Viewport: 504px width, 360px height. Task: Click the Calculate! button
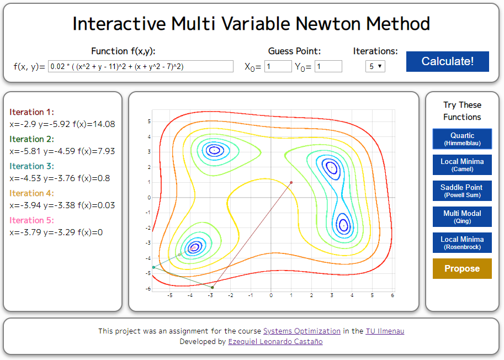point(447,61)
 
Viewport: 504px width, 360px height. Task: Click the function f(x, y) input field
point(141,66)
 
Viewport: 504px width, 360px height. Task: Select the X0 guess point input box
point(278,66)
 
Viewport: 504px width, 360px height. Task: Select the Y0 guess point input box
point(328,66)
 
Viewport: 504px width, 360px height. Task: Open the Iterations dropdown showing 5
point(375,66)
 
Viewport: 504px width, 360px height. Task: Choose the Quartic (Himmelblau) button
point(462,139)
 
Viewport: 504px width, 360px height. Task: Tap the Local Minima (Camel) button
point(462,165)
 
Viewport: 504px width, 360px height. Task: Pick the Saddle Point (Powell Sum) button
point(462,191)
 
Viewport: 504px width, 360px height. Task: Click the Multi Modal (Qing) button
point(462,216)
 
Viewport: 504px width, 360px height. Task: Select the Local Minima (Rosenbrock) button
point(462,243)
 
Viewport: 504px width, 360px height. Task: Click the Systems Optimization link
point(301,331)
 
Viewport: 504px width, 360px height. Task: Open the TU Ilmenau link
point(385,331)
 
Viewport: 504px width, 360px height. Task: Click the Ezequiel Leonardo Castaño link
point(275,342)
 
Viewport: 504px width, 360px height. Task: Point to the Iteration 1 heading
point(31,112)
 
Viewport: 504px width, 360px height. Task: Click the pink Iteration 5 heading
point(31,220)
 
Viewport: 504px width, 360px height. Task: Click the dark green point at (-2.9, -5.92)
point(212,287)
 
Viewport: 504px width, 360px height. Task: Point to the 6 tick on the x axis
point(392,296)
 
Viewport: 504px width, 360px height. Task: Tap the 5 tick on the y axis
point(149,121)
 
